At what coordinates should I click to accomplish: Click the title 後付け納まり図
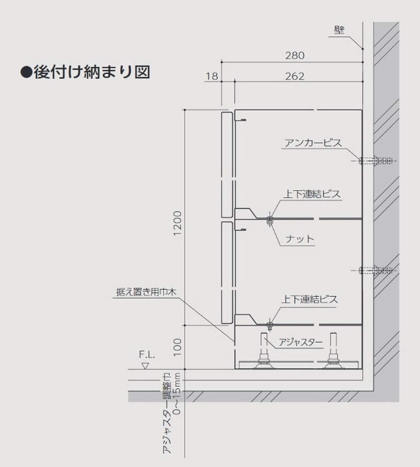click(85, 72)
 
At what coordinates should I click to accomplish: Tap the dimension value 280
click(295, 55)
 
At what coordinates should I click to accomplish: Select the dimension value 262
click(295, 76)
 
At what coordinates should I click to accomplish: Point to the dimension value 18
click(212, 76)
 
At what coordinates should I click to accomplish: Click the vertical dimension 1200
click(178, 223)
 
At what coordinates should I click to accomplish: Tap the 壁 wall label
click(339, 30)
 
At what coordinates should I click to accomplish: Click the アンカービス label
click(313, 143)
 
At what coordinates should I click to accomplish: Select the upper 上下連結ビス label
click(311, 194)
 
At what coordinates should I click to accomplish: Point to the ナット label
click(299, 239)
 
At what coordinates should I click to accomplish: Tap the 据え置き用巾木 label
click(146, 292)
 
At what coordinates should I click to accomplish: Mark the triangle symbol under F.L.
click(146, 366)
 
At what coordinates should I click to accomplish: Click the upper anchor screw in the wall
click(376, 161)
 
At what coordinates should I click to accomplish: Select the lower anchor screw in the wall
click(376, 270)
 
